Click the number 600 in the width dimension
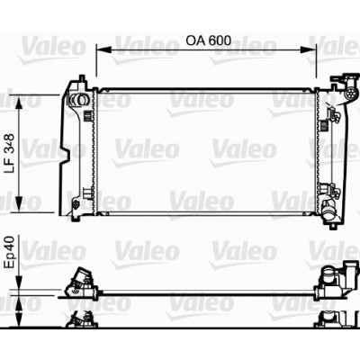click(x=220, y=40)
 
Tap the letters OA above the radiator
click(x=195, y=40)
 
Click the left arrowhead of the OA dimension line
click(x=103, y=50)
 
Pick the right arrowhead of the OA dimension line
click(x=309, y=50)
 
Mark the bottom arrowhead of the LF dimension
click(x=19, y=204)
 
